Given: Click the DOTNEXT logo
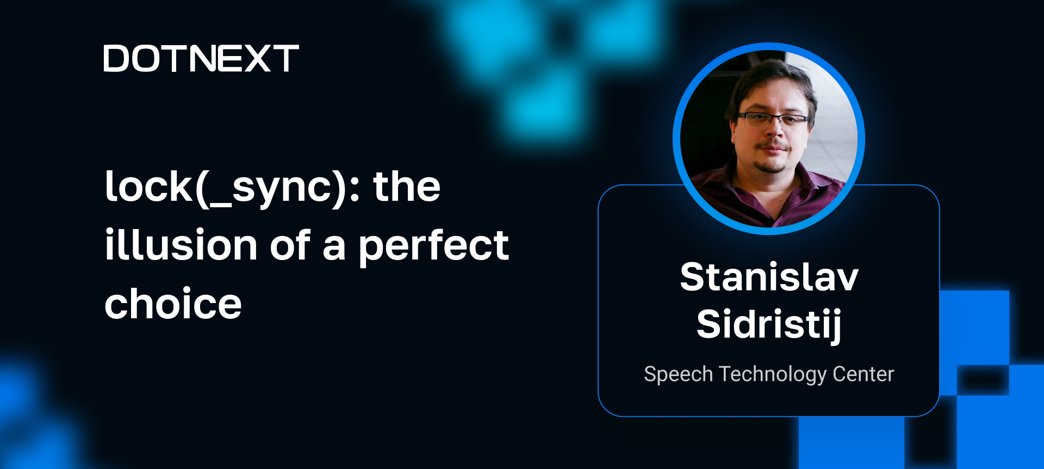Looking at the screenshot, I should [201, 59].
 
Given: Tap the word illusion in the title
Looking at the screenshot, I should [181, 245].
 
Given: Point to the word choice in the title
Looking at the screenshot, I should [173, 304].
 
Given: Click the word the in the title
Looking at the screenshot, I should [406, 187].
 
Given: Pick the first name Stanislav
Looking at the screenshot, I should [769, 277].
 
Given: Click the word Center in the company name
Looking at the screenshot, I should [863, 374].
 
